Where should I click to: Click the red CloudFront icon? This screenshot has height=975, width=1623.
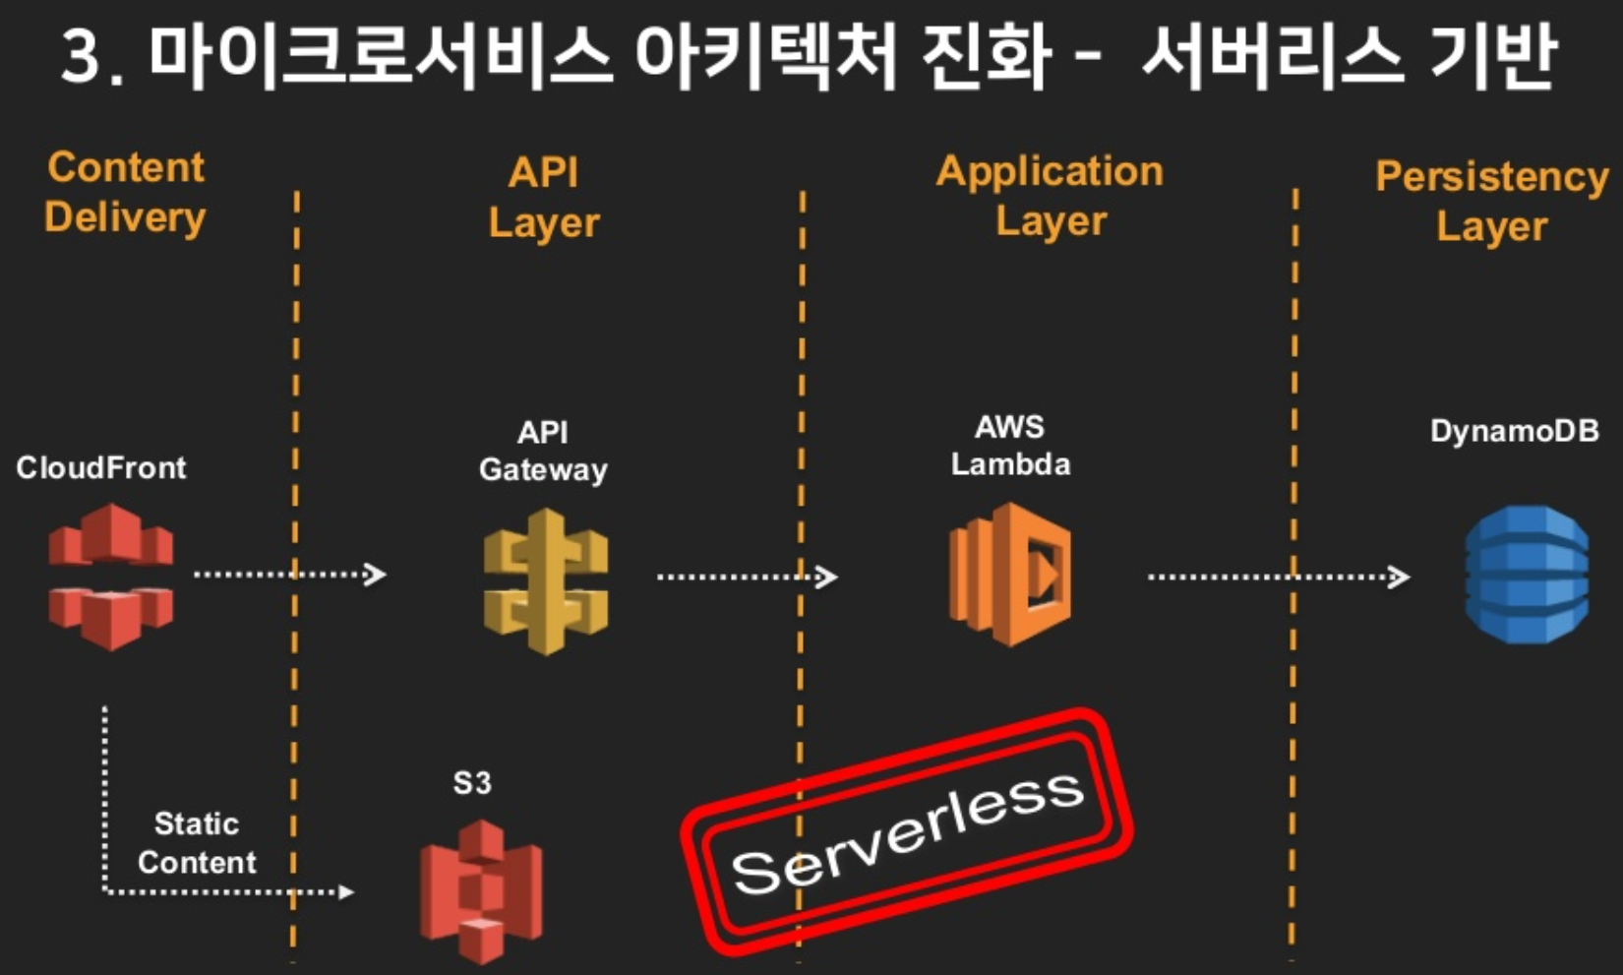[110, 577]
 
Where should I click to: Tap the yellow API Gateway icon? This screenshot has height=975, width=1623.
[546, 581]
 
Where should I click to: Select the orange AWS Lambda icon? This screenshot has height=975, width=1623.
[1010, 575]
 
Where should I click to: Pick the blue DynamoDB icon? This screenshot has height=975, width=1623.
[1526, 575]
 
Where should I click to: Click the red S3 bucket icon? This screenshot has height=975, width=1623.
[481, 891]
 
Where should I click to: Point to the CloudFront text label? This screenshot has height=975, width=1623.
[100, 467]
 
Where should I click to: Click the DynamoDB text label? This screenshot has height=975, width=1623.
[1514, 431]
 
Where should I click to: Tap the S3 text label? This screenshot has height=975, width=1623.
[472, 783]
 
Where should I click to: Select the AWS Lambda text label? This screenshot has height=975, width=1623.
[1010, 446]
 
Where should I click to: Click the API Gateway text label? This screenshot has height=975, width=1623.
[543, 451]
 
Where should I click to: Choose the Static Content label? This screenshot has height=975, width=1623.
[197, 843]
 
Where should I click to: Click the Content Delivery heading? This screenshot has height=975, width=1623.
[126, 193]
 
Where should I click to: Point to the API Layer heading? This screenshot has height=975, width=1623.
[544, 198]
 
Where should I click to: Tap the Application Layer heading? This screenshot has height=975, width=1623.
[1050, 196]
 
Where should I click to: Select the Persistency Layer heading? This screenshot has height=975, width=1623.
[1491, 201]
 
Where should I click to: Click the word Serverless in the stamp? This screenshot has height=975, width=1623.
[907, 831]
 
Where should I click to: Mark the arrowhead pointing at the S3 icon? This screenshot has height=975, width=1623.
[346, 892]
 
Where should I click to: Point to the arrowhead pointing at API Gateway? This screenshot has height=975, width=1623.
[376, 574]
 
